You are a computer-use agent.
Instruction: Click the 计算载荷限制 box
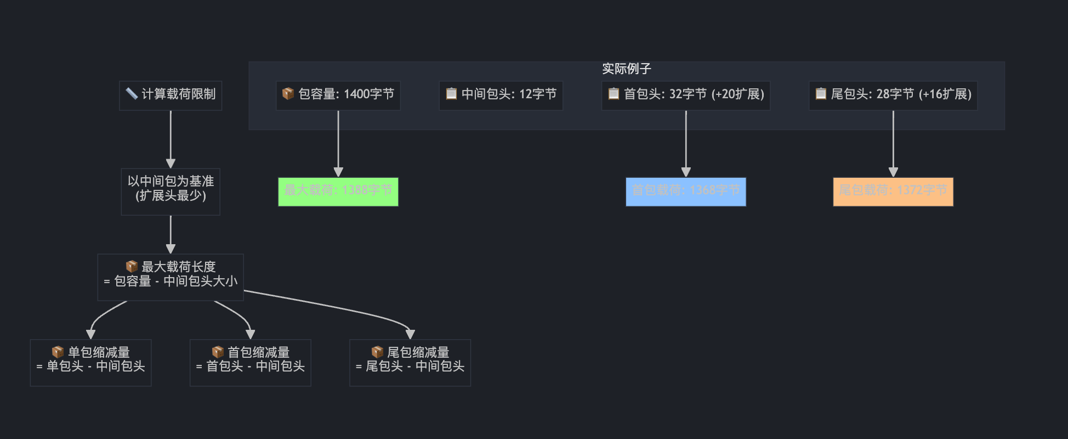(x=171, y=95)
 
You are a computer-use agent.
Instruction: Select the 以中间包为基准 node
(x=171, y=192)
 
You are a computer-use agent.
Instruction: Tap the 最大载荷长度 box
(x=171, y=277)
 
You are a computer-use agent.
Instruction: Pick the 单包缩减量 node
(x=90, y=362)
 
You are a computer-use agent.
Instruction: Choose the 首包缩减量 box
(x=250, y=362)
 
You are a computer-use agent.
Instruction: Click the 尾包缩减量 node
(x=410, y=362)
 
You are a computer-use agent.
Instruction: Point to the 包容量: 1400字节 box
(x=338, y=95)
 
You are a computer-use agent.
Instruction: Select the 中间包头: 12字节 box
(x=501, y=95)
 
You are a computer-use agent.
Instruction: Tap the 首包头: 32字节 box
(x=685, y=95)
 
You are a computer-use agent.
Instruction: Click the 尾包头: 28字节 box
(x=893, y=95)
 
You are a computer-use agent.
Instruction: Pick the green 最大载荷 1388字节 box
(x=338, y=192)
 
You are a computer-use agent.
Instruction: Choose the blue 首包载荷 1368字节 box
(x=685, y=192)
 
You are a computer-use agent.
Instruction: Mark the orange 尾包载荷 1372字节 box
(x=893, y=192)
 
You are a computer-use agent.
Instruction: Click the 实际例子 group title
(x=626, y=69)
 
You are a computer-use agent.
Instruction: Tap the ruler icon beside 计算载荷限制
(x=132, y=94)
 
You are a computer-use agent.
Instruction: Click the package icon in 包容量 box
(x=288, y=94)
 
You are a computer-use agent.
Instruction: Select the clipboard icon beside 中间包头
(x=451, y=94)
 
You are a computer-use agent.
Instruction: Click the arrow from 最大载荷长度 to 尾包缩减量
(x=340, y=307)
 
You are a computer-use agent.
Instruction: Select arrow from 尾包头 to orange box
(x=893, y=143)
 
